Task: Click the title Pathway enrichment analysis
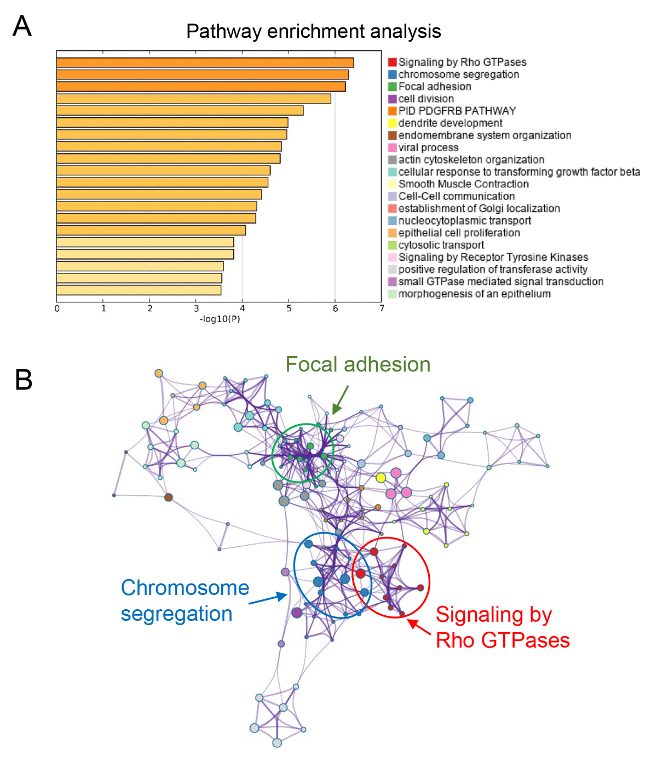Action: pos(313,31)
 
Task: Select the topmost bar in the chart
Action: pos(205,62)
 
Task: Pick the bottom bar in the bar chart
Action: pos(139,290)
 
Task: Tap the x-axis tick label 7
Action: pos(382,308)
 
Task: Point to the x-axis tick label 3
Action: pos(196,308)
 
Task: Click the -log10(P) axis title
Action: pos(220,319)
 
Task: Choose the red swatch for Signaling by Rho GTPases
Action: pos(392,62)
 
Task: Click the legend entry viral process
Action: pos(428,147)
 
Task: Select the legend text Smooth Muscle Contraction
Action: pos(463,184)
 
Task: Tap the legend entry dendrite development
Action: pos(450,123)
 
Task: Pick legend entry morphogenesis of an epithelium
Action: pos(474,294)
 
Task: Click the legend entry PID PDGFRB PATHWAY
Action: pos(457,111)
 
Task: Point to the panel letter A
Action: pos(22,26)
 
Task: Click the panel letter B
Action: pos(24,380)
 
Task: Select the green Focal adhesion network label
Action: pos(358,365)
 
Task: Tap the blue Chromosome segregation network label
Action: pos(185,600)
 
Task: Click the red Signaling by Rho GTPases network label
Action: pos(502,627)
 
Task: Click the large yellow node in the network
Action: pos(381,478)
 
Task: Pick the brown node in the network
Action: pos(169,497)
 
